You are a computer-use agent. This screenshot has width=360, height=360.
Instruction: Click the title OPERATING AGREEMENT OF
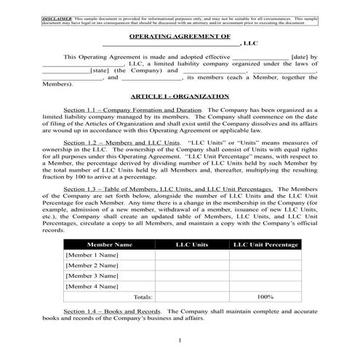pos(180,36)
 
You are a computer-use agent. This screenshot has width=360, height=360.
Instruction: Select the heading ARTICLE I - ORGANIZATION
pos(180,96)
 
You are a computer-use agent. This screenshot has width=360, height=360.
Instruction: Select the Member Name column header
pos(109,245)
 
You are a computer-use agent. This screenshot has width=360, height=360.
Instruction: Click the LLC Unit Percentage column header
pos(266,245)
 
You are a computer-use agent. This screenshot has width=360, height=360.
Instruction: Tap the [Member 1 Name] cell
pos(92,256)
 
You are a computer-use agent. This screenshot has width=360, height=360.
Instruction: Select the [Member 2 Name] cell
pos(92,266)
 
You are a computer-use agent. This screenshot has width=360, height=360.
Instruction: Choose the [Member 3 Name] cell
pos(92,276)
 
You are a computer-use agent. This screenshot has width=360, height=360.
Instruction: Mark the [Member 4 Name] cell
pos(92,287)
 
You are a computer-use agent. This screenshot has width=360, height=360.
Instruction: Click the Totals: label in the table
pos(143,297)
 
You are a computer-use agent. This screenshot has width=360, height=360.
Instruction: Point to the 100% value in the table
pos(266,297)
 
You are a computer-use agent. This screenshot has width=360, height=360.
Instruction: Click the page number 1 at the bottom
pos(180,342)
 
